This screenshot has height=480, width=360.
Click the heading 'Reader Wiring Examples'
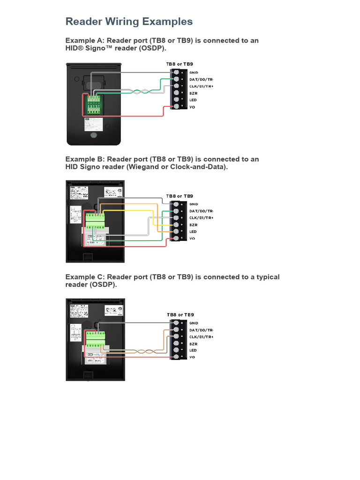[x=129, y=22]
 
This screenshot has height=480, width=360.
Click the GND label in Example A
[x=194, y=73]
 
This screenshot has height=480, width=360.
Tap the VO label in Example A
[x=192, y=107]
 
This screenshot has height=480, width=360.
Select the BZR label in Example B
[x=193, y=225]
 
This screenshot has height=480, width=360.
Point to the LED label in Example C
[x=193, y=351]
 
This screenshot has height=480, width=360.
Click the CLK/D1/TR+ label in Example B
[x=201, y=218]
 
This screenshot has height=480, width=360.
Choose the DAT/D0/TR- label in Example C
[x=201, y=330]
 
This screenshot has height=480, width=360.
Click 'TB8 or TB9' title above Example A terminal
[x=179, y=64]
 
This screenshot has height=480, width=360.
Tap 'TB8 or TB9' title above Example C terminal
[x=180, y=315]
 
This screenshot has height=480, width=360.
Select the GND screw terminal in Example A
[x=176, y=73]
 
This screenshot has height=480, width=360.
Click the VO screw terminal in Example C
[x=176, y=357]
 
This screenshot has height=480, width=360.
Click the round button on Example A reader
[x=94, y=135]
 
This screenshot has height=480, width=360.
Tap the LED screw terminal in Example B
[x=176, y=232]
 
